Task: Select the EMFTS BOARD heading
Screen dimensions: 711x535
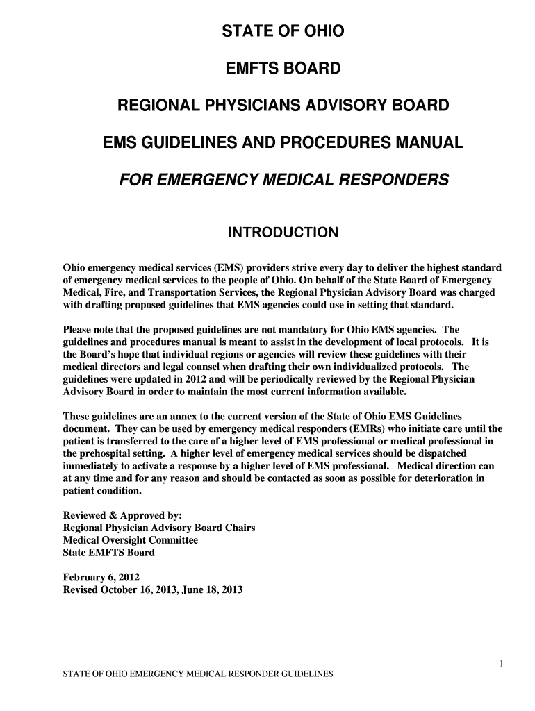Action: pyautogui.click(x=283, y=69)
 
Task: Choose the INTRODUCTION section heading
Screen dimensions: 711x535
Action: pyautogui.click(x=283, y=233)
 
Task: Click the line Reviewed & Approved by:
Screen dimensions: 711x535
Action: pyautogui.click(x=122, y=515)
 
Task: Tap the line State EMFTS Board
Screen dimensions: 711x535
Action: pyautogui.click(x=109, y=553)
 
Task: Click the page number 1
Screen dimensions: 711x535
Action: pyautogui.click(x=501, y=664)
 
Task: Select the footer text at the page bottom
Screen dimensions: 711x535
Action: pyautogui.click(x=198, y=674)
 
